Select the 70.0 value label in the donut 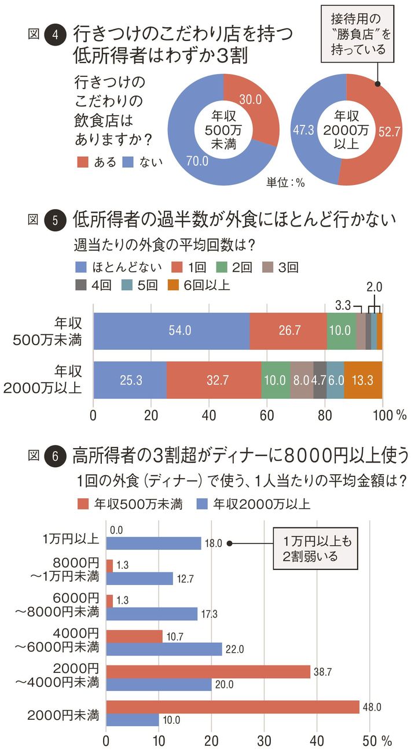click(x=197, y=162)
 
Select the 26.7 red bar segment click(x=288, y=331)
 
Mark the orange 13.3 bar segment click(x=363, y=380)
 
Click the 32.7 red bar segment click(x=214, y=380)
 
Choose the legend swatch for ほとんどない click(x=81, y=267)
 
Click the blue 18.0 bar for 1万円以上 click(x=153, y=543)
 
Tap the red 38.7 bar click(x=208, y=671)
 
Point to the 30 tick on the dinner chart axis click(x=265, y=741)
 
